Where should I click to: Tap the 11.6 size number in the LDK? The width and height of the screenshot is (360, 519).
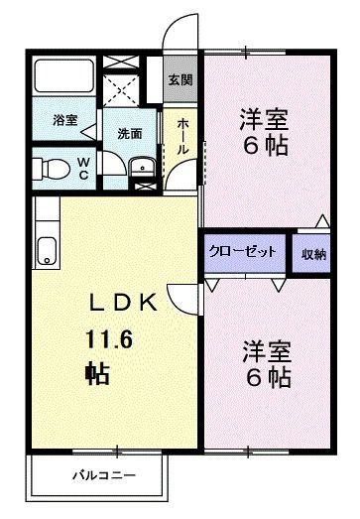point(106,340)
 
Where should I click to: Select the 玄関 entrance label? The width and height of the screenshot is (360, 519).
point(179,79)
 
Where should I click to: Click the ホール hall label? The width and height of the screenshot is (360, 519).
point(183,135)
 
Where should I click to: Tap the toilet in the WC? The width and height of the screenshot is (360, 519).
point(50,165)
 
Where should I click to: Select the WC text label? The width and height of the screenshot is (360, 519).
point(83,165)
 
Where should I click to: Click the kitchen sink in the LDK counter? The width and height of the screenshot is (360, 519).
point(46,252)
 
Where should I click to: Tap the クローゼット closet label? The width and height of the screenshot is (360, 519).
point(243,252)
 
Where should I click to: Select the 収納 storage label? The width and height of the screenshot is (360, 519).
point(312,253)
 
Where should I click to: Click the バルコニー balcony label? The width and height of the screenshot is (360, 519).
point(103,475)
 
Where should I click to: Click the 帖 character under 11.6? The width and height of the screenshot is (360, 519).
point(96,375)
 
